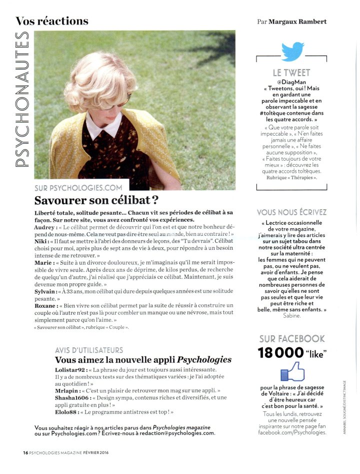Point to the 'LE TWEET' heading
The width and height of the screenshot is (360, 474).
[291, 73]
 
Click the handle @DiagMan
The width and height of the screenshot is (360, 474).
[291, 82]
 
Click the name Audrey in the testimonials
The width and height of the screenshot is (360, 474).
[45, 227]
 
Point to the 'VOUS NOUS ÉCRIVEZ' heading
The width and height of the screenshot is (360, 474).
[291, 212]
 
